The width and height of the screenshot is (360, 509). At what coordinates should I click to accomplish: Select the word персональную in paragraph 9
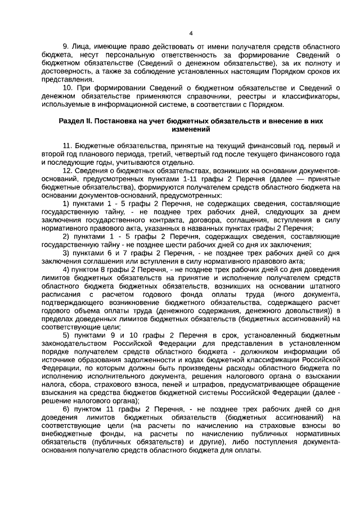pos(136,54)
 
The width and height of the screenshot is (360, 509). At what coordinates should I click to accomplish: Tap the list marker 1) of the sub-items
pos(66,203)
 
